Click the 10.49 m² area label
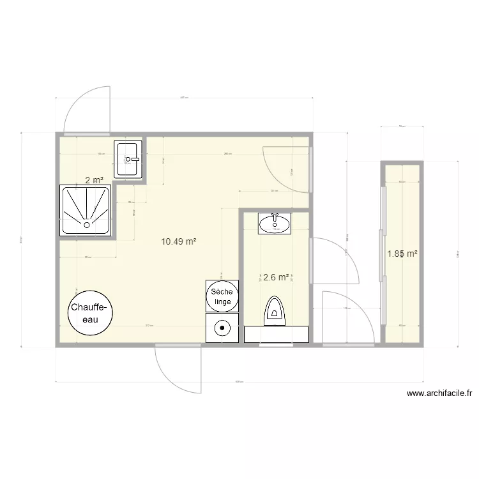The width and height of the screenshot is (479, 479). coord(178,241)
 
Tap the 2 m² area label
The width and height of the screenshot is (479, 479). coord(95,180)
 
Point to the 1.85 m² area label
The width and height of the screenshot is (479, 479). coord(402,254)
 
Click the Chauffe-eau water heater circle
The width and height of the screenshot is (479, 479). coord(91,313)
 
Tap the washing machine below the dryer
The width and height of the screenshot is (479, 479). coord(222,327)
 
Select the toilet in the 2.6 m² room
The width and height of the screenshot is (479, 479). coord(275,309)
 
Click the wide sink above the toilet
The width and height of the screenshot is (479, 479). coord(275,223)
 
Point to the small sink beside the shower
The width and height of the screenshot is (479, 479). coord(128,159)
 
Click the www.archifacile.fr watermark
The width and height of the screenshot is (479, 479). coord(439,394)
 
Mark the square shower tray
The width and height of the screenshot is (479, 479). coord(86,210)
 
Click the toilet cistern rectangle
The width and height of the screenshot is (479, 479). coord(276,334)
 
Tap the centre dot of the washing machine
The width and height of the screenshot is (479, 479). coord(222,328)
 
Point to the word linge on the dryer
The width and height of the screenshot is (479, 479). coord(222,301)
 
